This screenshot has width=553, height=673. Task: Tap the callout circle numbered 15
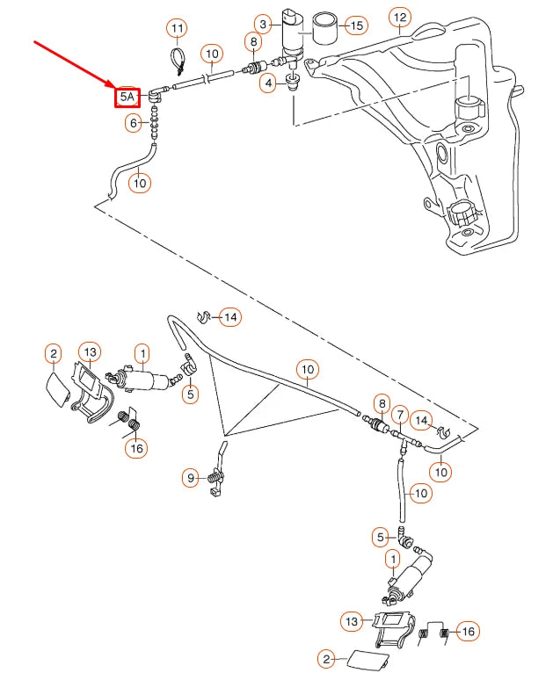(x=355, y=25)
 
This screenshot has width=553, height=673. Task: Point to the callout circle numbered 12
(x=400, y=17)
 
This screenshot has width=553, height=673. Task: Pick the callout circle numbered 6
(x=135, y=124)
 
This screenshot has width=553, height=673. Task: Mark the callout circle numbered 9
(x=191, y=479)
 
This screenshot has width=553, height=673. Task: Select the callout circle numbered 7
(x=400, y=413)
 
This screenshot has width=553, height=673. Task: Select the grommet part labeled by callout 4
(x=294, y=84)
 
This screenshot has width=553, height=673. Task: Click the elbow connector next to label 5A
(x=157, y=91)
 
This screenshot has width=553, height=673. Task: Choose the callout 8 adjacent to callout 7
(x=381, y=405)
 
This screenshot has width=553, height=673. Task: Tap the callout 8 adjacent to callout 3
(x=254, y=41)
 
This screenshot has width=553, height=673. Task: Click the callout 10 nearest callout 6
(x=140, y=184)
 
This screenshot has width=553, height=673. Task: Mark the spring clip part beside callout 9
(x=216, y=479)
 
